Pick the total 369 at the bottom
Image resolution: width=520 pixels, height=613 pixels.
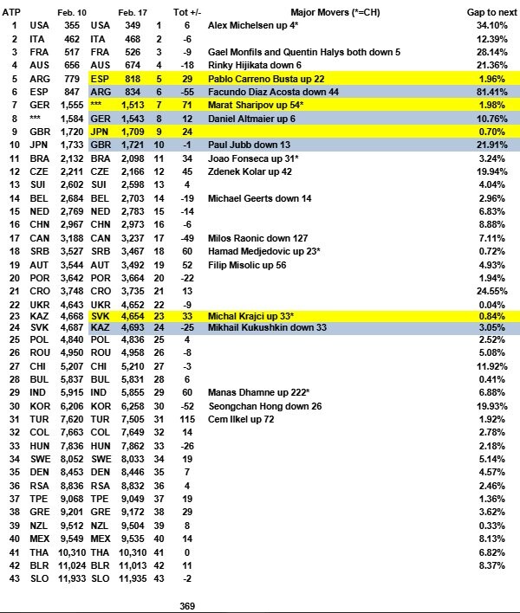pos(187,605)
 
